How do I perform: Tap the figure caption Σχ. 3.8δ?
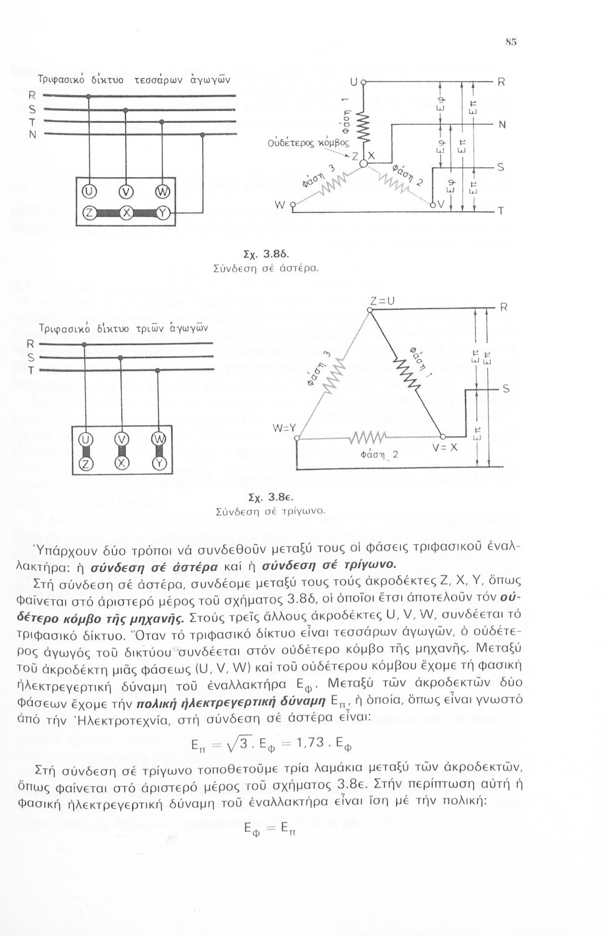(x=265, y=255)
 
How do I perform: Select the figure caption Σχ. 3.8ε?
(x=266, y=498)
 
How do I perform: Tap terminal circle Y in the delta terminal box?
(x=159, y=463)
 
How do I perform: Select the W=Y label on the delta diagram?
(x=283, y=429)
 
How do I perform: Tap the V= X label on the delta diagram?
(x=445, y=447)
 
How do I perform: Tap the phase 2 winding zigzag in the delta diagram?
(x=369, y=437)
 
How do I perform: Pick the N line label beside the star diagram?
(x=501, y=124)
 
